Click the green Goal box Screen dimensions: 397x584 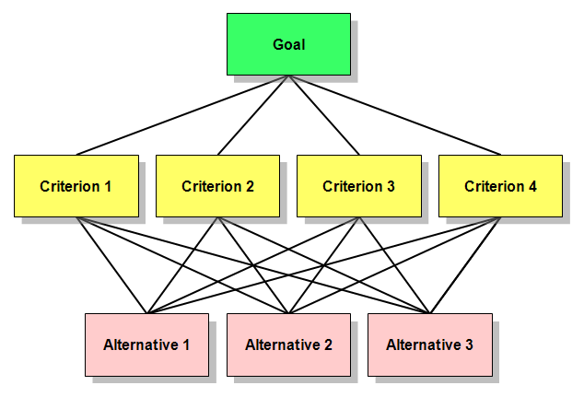288,44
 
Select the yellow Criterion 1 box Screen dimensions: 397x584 76,186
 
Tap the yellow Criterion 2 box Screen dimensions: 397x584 217,186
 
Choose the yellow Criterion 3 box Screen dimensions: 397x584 358,186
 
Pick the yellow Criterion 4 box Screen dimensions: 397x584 500,186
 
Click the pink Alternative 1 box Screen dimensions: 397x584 146,344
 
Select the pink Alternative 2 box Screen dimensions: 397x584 288,344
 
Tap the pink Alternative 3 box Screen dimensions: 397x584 429,344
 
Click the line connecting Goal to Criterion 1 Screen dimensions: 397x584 182,115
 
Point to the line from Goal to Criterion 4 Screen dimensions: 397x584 394,115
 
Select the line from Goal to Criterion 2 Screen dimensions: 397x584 253,115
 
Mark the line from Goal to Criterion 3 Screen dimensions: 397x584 323,115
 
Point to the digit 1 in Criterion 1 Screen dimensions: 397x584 108,186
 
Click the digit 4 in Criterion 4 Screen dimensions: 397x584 532,186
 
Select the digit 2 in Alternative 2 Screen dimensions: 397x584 328,345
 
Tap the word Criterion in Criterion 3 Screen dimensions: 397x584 349,186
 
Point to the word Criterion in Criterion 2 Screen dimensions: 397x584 208,186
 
